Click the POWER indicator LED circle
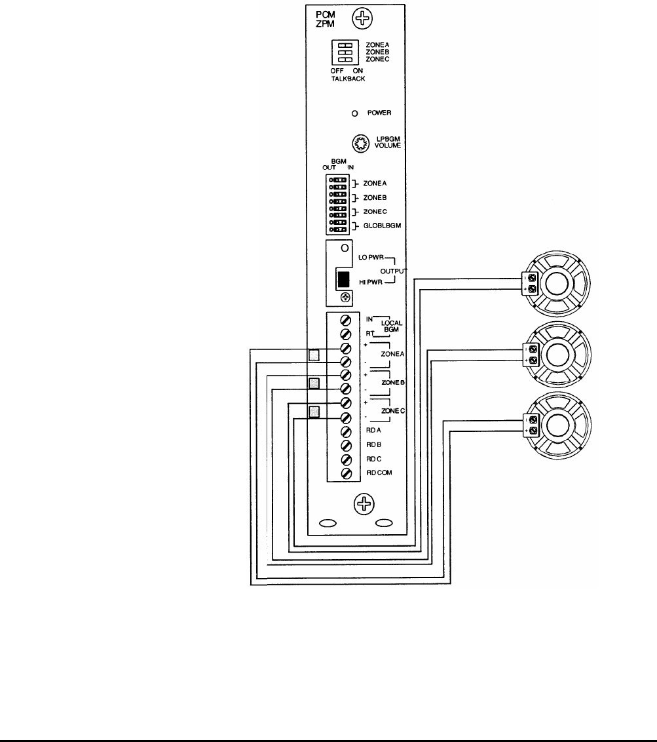pyautogui.click(x=355, y=113)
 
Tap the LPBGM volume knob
pyautogui.click(x=360, y=143)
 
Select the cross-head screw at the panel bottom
pyautogui.click(x=363, y=503)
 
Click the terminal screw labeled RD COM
pyautogui.click(x=345, y=473)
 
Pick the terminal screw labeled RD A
pyautogui.click(x=345, y=431)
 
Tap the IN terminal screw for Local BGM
pyautogui.click(x=345, y=320)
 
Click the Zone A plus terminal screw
pyautogui.click(x=345, y=347)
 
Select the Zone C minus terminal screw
pyautogui.click(x=345, y=417)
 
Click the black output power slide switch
pyautogui.click(x=342, y=279)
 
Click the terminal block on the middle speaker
pyautogui.click(x=532, y=354)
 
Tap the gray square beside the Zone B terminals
pyautogui.click(x=314, y=383)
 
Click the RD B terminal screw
pyautogui.click(x=345, y=445)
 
